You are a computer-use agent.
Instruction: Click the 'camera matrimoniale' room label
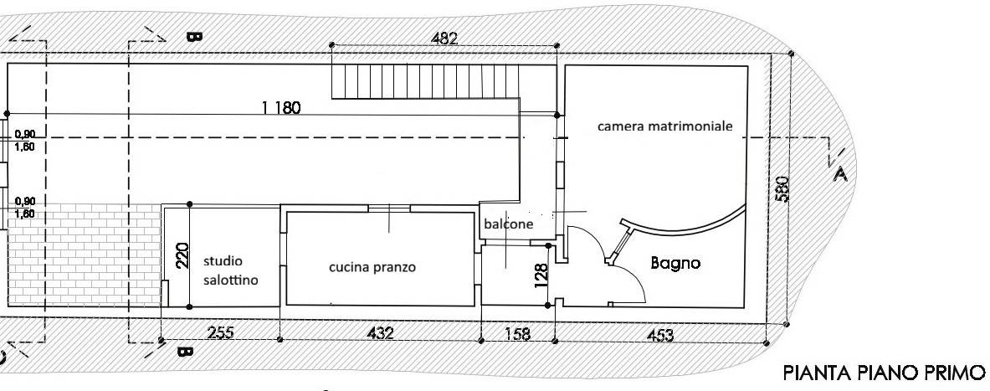[665, 126]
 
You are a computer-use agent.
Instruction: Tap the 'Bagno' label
[675, 263]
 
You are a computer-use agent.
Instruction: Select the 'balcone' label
[509, 224]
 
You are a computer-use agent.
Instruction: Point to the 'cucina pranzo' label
[372, 267]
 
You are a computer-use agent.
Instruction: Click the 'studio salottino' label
[230, 270]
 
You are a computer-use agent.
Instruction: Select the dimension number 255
[220, 332]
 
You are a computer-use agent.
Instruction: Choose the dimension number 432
[380, 332]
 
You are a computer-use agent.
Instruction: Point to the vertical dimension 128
[541, 274]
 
